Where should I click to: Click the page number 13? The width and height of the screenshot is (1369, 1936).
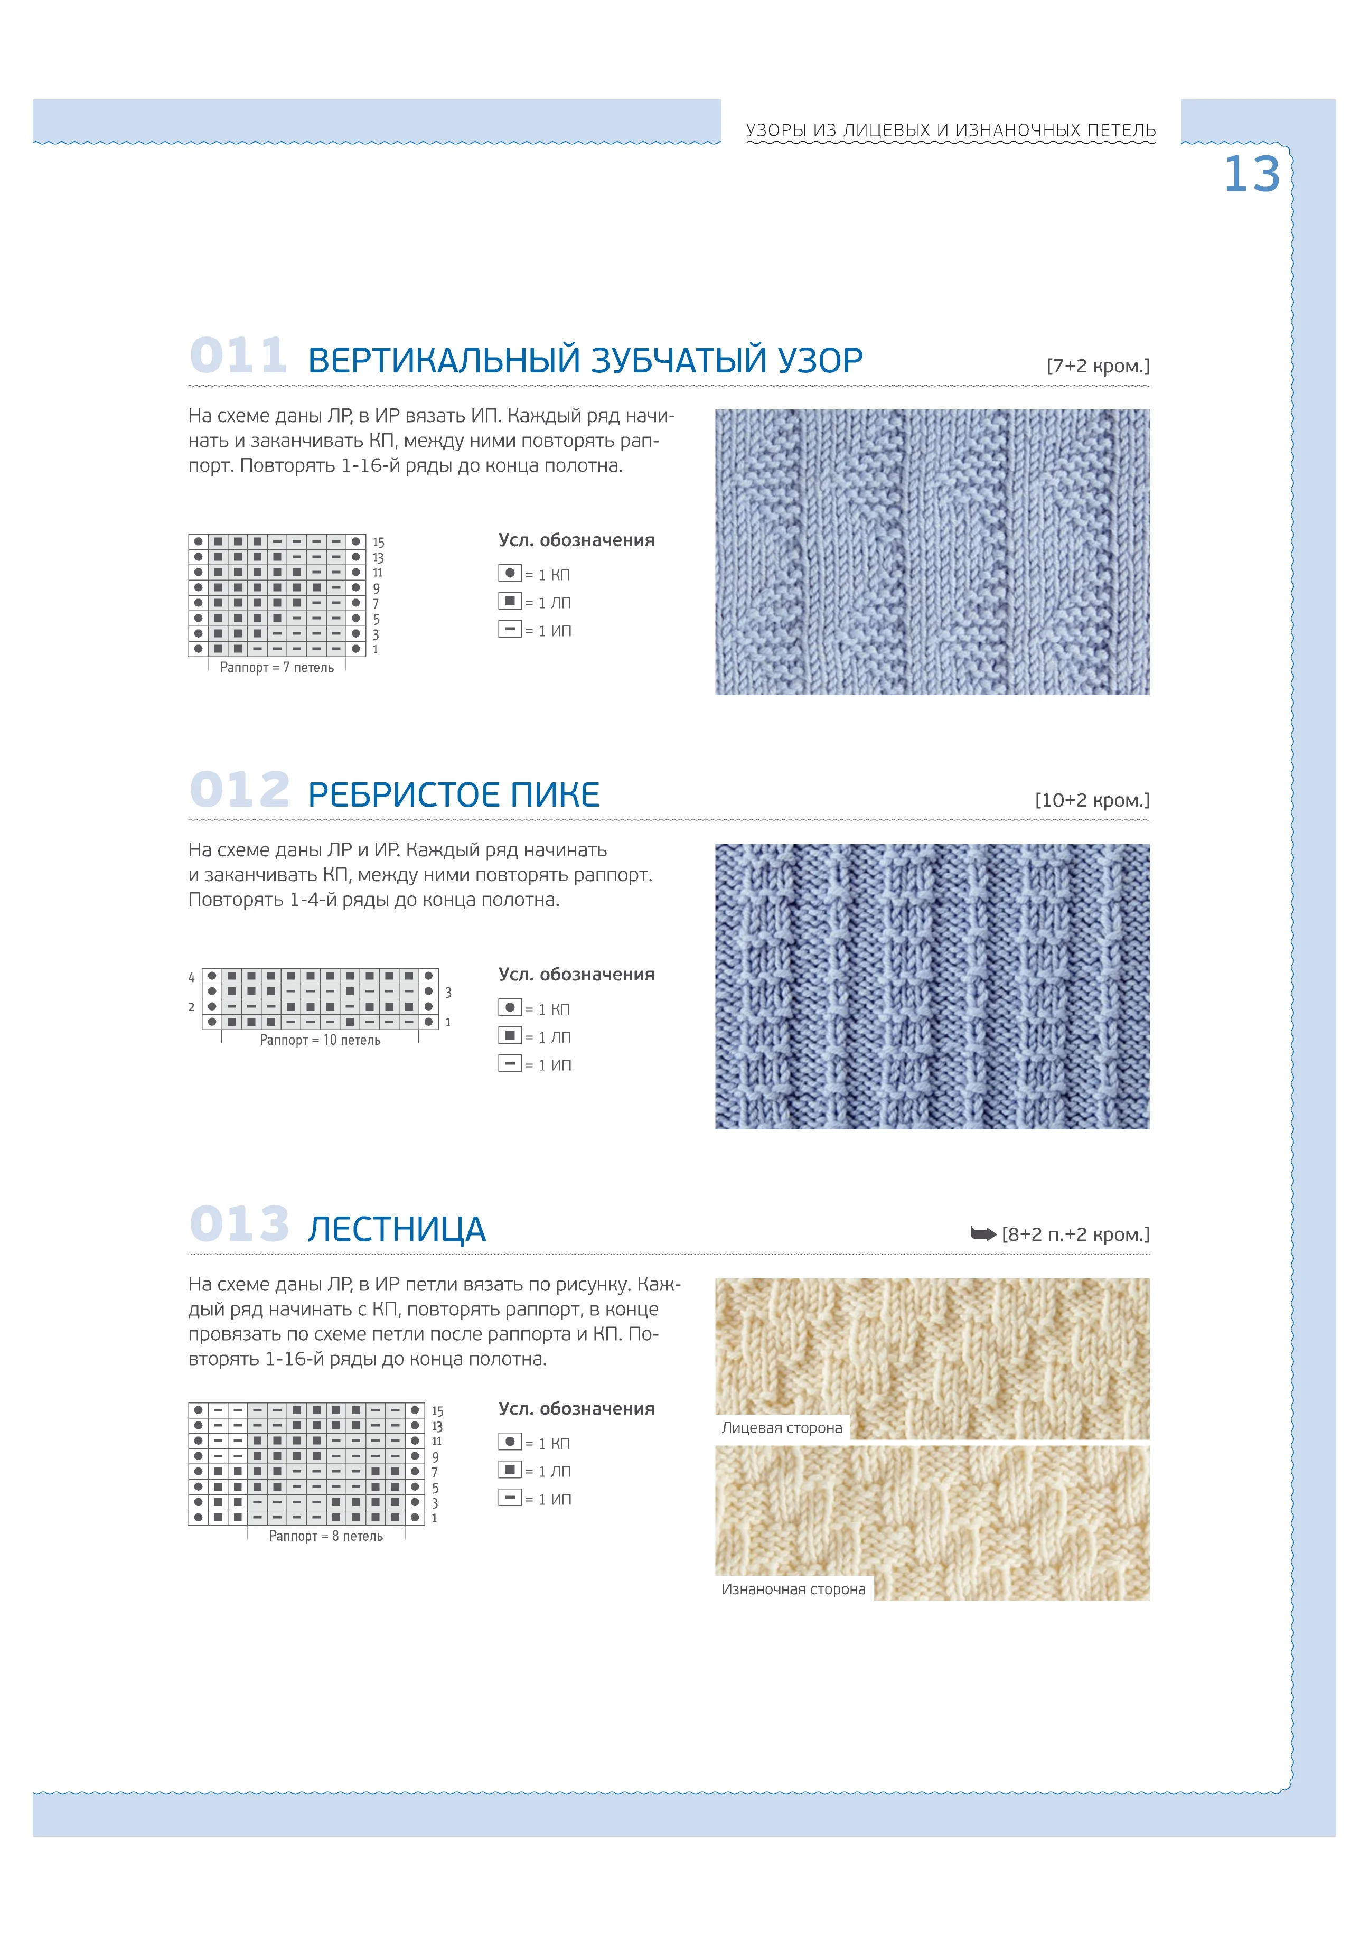(x=1251, y=174)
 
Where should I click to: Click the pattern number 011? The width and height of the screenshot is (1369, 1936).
(x=239, y=356)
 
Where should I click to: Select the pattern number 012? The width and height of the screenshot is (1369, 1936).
(x=239, y=790)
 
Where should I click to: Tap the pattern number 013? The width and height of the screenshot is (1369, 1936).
(x=239, y=1224)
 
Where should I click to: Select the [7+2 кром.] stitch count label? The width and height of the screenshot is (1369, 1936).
(x=1098, y=366)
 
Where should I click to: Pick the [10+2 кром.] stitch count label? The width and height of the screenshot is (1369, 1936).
(x=1092, y=800)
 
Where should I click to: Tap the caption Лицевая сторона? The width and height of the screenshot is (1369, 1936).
(x=782, y=1427)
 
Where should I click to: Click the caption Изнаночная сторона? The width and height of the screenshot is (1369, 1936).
(x=793, y=1589)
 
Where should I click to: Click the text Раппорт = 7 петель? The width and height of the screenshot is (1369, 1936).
(x=277, y=668)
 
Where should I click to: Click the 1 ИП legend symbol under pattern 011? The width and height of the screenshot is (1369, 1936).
(x=509, y=630)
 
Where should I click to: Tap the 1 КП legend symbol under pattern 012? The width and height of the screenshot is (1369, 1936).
(x=509, y=1008)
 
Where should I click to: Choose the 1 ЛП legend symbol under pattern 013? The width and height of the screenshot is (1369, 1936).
(x=509, y=1470)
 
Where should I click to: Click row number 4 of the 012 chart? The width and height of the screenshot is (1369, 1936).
(x=191, y=977)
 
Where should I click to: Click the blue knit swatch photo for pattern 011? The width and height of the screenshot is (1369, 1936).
(x=932, y=553)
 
